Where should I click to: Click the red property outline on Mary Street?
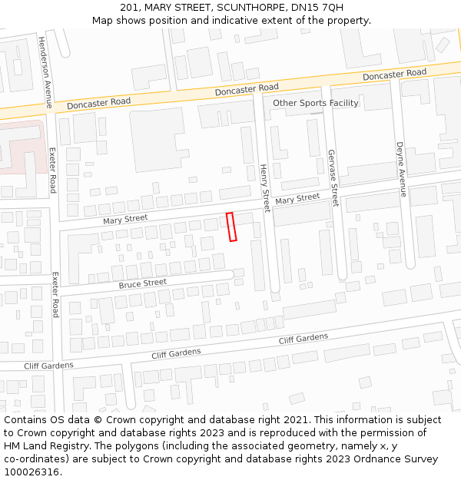231,227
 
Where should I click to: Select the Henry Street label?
264,188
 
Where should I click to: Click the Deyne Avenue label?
401,169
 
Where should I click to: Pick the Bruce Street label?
142,283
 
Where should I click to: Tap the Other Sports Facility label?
316,103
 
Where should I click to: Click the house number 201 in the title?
130,8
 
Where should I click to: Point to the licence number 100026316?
30,472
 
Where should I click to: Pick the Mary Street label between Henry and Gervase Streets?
297,199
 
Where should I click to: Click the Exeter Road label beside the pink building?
52,170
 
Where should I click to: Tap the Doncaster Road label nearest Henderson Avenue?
98,103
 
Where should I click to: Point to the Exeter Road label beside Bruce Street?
55,295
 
